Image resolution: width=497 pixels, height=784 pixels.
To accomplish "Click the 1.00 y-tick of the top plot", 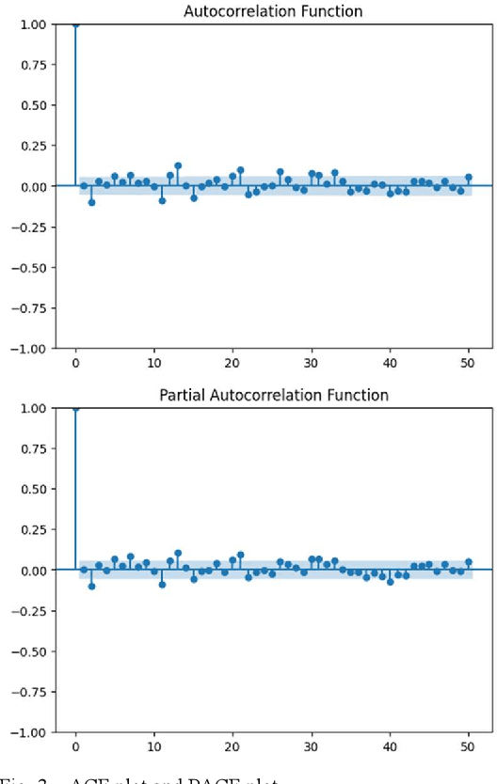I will (33, 24).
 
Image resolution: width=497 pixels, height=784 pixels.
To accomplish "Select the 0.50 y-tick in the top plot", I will (33, 104).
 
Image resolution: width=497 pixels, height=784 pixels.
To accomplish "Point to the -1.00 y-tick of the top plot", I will (29, 348).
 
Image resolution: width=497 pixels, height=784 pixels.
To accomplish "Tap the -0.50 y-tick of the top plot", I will (29, 267).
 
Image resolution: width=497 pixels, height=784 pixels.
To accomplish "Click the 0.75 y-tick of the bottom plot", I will (33, 447).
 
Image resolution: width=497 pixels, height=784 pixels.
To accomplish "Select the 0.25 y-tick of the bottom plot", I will (33, 529).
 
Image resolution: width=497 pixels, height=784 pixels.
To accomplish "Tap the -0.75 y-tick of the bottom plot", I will (29, 691).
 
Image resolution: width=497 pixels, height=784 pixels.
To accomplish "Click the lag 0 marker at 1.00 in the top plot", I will (75, 24).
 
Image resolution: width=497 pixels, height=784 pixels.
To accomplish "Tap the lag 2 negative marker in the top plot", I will (91, 202).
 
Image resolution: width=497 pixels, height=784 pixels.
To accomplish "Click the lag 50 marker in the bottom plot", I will (469, 562).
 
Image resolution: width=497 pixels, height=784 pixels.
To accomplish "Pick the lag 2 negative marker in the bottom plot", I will (91, 586).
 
